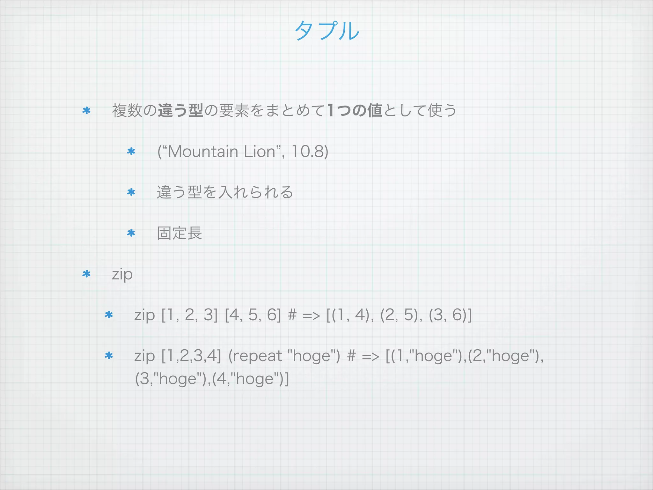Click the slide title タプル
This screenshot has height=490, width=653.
tap(327, 31)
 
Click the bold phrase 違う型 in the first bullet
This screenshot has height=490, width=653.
tap(180, 111)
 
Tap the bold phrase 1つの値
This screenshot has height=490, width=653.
tap(355, 111)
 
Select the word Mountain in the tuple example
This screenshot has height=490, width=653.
tap(203, 152)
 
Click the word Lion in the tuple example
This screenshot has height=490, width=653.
tap(259, 152)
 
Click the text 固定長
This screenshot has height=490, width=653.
tap(180, 233)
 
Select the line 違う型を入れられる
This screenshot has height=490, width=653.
tap(225, 192)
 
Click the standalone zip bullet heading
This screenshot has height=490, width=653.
tap(122, 274)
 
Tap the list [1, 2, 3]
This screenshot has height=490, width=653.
tap(189, 315)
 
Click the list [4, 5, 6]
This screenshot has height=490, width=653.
tap(253, 315)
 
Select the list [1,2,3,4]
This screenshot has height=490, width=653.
tap(191, 356)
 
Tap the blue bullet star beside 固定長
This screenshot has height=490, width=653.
tap(131, 233)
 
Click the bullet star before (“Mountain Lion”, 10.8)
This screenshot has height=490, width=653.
tap(131, 151)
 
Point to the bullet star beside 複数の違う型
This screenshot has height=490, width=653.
tap(86, 111)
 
